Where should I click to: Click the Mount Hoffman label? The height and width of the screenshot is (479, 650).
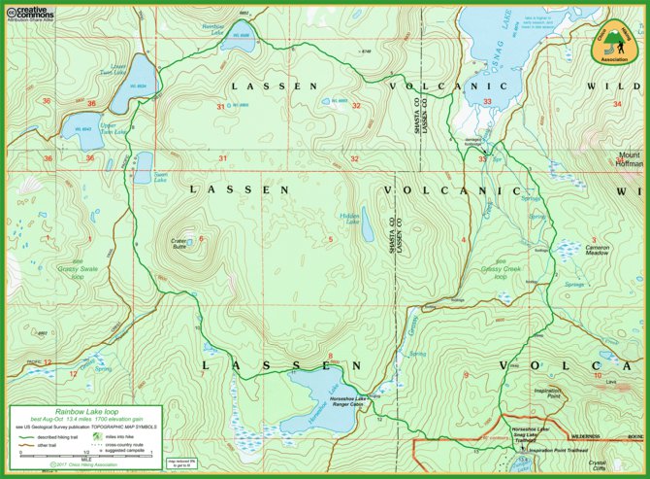click(x=631, y=160)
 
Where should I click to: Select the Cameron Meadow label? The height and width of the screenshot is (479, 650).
click(x=597, y=250)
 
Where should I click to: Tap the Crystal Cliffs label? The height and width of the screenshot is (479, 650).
click(x=624, y=463)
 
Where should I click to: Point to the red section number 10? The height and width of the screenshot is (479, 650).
click(x=598, y=375)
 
